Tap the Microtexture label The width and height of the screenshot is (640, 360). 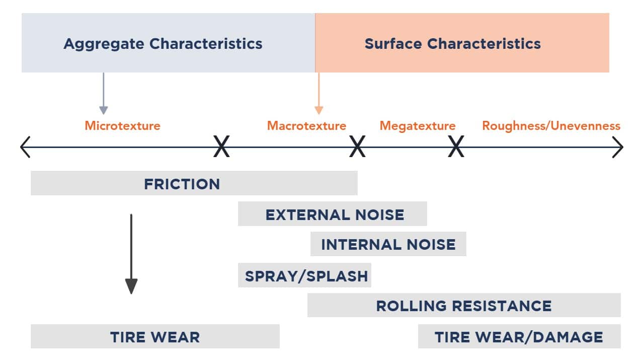pyautogui.click(x=122, y=125)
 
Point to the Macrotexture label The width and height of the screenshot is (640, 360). pyautogui.click(x=306, y=125)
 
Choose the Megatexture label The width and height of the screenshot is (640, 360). pyautogui.click(x=417, y=125)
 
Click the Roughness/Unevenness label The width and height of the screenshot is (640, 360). pyautogui.click(x=551, y=125)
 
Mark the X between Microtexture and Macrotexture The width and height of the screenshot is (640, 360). pyautogui.click(x=221, y=148)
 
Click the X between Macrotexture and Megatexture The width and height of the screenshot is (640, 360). pyautogui.click(x=357, y=148)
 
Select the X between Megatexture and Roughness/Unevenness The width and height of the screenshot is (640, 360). pyautogui.click(x=456, y=148)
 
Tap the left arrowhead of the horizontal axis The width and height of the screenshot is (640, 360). pyautogui.click(x=24, y=148)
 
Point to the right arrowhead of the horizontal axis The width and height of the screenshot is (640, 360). pyautogui.click(x=619, y=148)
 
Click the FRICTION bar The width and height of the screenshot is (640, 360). pyautogui.click(x=194, y=183)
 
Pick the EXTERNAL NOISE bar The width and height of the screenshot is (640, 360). pyautogui.click(x=332, y=214)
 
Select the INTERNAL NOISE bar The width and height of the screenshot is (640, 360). pyautogui.click(x=388, y=244)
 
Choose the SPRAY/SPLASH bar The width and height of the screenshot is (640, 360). pyautogui.click(x=304, y=275)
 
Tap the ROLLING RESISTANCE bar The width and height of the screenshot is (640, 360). pyautogui.click(x=463, y=306)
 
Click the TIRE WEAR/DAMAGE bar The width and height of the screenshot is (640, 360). pyautogui.click(x=519, y=336)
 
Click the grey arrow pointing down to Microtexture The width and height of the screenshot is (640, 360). pyautogui.click(x=104, y=94)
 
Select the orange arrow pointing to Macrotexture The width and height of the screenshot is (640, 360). pyautogui.click(x=318, y=94)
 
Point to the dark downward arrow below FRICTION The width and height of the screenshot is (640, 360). pyautogui.click(x=131, y=254)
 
